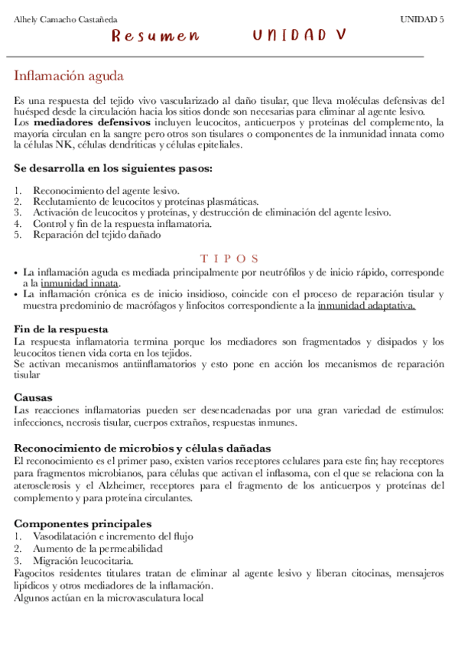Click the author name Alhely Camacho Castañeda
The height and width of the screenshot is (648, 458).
click(66, 19)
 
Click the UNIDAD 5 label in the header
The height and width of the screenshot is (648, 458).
click(422, 19)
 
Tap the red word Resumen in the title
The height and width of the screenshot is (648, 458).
click(155, 36)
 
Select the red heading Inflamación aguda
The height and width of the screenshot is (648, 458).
click(69, 76)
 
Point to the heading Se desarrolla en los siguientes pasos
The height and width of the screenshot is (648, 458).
click(113, 168)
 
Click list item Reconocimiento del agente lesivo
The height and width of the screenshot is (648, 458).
click(106, 190)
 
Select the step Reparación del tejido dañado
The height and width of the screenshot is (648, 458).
click(96, 235)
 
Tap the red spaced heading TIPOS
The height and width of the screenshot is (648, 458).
click(229, 259)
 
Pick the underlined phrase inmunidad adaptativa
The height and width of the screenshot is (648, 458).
click(366, 306)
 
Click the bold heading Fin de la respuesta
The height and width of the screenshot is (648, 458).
click(61, 329)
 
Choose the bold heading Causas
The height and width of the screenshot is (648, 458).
click(33, 397)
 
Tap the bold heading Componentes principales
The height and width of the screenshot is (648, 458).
click(83, 523)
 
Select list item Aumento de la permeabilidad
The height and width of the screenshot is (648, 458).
click(97, 549)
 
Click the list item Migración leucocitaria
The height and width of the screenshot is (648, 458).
click(83, 561)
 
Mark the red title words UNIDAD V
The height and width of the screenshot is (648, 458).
click(299, 36)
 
